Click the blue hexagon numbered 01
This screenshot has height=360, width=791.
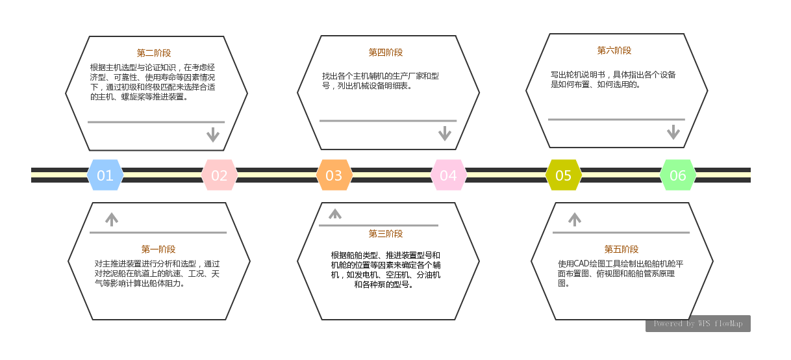tap(105, 175)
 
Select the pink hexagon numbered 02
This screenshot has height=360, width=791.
tap(220, 175)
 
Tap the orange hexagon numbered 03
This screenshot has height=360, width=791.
tap(334, 175)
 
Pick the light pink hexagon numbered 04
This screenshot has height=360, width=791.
tap(448, 175)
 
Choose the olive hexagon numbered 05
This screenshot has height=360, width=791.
tap(563, 175)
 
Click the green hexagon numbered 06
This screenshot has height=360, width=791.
tap(677, 175)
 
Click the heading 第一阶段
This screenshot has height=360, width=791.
tap(158, 249)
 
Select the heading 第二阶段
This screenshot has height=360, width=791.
tap(154, 53)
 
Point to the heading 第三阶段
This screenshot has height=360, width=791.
tap(386, 234)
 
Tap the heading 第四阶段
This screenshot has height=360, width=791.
tap(386, 53)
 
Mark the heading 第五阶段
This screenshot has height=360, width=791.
tap(621, 249)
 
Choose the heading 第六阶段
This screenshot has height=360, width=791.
tap(614, 50)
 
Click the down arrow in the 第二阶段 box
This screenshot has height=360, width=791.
tap(212, 135)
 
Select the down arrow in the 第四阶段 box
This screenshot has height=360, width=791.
tap(444, 133)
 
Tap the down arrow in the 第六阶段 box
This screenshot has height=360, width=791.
tap(673, 132)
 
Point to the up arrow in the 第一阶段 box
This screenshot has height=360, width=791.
tap(112, 219)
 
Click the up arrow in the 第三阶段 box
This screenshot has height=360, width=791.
tap(334, 213)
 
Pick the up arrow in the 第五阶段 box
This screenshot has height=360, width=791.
tap(574, 219)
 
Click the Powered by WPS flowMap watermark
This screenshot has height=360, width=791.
tap(697, 324)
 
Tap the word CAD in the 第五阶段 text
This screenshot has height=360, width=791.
tap(580, 264)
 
